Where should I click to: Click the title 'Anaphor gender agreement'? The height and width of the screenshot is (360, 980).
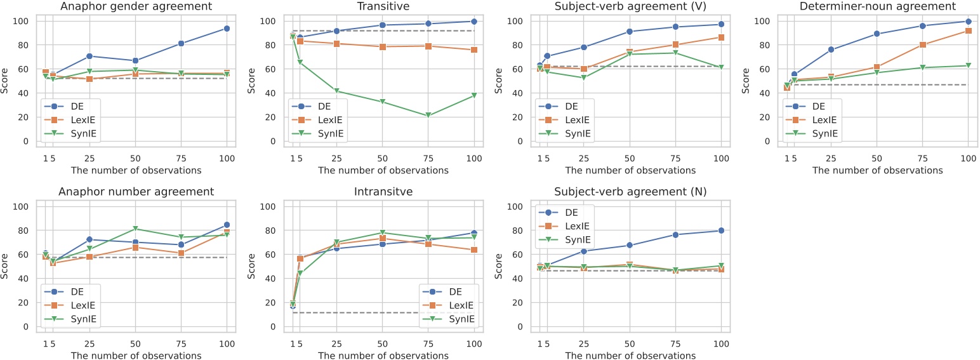pos(136,6)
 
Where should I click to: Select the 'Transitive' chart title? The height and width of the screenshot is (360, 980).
pos(383,6)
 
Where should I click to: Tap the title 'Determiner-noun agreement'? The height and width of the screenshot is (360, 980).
pos(877,6)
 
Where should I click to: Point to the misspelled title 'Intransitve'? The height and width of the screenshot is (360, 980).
pos(383,192)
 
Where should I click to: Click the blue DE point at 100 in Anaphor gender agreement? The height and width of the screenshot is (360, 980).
pos(227,29)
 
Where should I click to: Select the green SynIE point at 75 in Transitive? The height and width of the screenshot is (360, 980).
pos(428,116)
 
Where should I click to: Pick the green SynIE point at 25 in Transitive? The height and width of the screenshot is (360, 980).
pos(337,91)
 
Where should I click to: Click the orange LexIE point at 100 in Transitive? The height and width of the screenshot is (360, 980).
pos(473,50)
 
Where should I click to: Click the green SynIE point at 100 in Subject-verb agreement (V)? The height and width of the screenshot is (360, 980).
pos(721,67)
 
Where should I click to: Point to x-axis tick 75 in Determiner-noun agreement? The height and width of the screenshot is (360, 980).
pos(923,157)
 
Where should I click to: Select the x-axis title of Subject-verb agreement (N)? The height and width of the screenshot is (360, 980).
pos(630,356)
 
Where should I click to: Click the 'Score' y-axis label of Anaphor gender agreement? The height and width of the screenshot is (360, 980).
pos(6,81)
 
